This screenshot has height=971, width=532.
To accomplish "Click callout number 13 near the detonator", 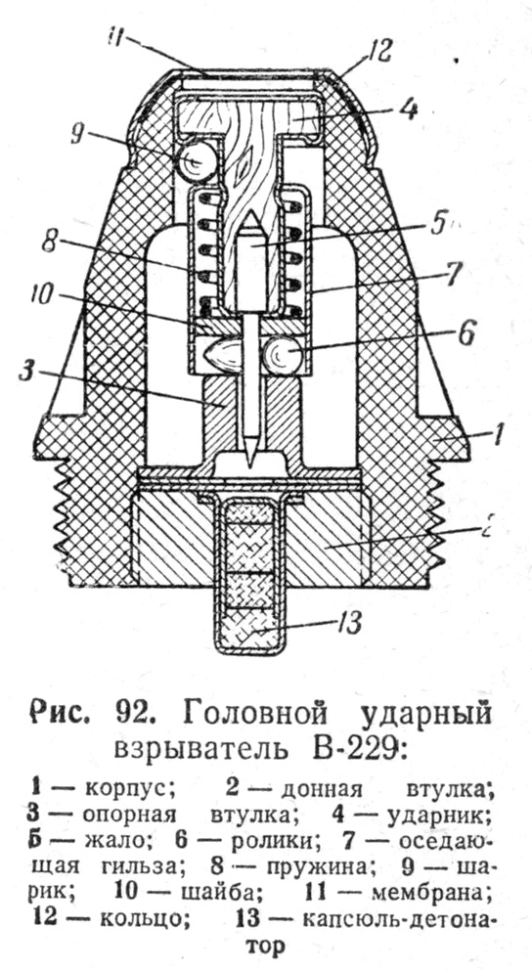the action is (349, 624).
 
